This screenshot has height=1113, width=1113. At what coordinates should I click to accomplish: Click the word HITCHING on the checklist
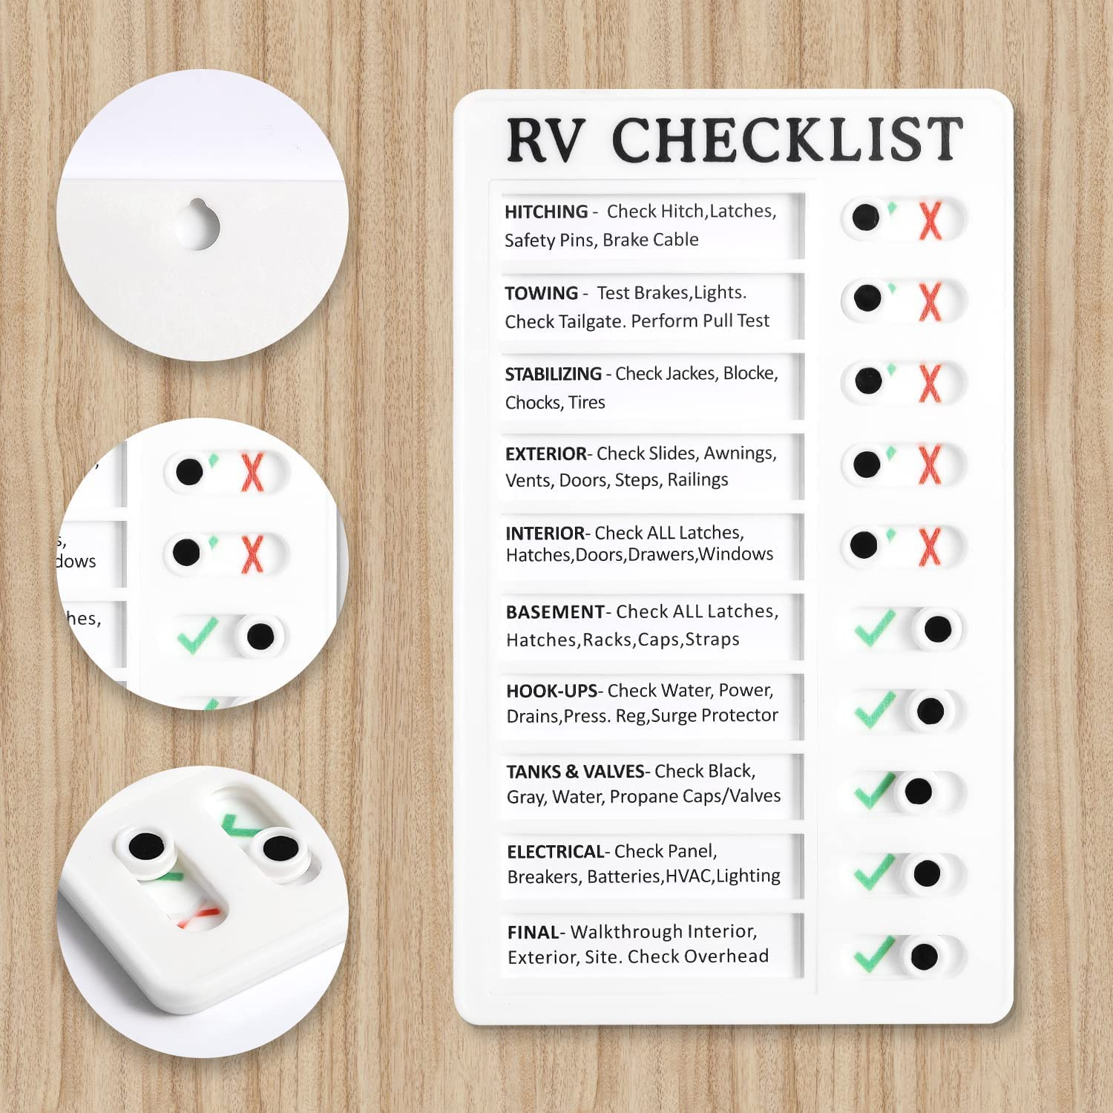pyautogui.click(x=546, y=212)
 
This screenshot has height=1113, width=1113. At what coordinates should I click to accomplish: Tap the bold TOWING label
pyautogui.click(x=541, y=294)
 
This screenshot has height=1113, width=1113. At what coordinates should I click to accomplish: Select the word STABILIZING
pyautogui.click(x=553, y=375)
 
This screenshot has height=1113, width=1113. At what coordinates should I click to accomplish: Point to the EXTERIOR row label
pyautogui.click(x=546, y=454)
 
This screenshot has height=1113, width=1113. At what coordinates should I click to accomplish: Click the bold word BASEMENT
pyautogui.click(x=555, y=613)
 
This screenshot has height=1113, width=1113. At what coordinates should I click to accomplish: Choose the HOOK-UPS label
pyautogui.click(x=551, y=692)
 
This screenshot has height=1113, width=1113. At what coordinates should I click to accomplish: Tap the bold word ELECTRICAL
pyautogui.click(x=556, y=852)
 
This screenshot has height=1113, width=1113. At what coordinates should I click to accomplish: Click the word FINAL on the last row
pyautogui.click(x=533, y=933)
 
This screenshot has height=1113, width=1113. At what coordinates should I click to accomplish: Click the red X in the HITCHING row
pyautogui.click(x=930, y=220)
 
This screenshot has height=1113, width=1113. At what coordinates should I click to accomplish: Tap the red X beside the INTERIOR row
pyautogui.click(x=930, y=547)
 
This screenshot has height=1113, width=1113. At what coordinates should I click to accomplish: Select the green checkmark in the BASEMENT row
pyautogui.click(x=875, y=628)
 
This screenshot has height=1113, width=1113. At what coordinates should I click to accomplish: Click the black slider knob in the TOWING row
pyautogui.click(x=867, y=298)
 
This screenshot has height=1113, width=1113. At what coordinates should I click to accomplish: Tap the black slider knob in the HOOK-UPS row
pyautogui.click(x=930, y=711)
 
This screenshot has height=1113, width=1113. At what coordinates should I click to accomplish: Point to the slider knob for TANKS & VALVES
pyautogui.click(x=919, y=791)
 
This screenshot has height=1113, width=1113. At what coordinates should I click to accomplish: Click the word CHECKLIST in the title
pyautogui.click(x=787, y=139)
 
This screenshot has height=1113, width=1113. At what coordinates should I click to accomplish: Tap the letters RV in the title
pyautogui.click(x=545, y=139)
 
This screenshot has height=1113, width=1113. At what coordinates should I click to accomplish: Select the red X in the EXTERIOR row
pyautogui.click(x=930, y=465)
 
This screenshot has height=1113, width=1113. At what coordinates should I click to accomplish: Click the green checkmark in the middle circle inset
pyautogui.click(x=197, y=635)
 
